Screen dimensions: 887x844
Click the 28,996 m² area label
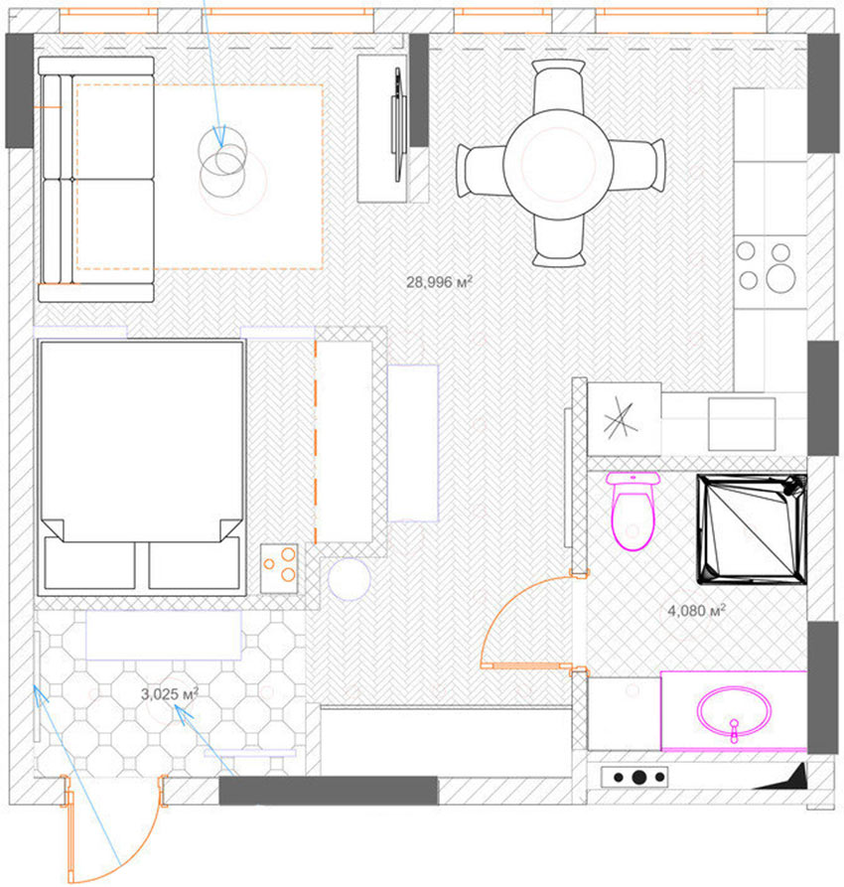pos(438,282)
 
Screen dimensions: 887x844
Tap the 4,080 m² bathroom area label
pos(696,611)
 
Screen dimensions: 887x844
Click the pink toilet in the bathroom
pos(633,512)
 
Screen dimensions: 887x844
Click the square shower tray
pos(751,526)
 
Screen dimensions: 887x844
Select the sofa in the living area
pos(96,179)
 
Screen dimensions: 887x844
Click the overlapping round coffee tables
pos(225,165)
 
